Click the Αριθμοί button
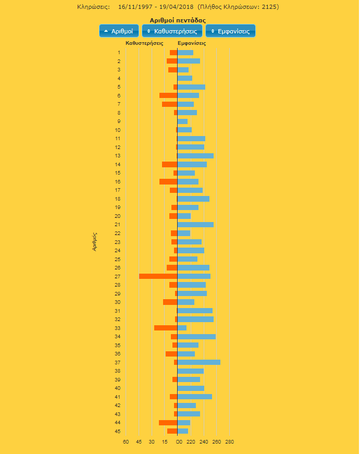point(119,31)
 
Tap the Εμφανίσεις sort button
point(230,31)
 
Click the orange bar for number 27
point(158,276)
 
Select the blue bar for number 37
point(198,362)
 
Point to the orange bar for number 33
point(166,328)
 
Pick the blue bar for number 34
point(196,337)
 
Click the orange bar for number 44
point(168,423)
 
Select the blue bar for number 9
point(182,121)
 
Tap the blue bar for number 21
point(195,225)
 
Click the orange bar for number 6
point(168,95)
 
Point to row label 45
point(118,431)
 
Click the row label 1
point(119,53)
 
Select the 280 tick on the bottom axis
point(229,442)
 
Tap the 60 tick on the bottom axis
point(126,442)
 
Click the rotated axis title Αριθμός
point(95,242)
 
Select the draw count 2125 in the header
point(269,7)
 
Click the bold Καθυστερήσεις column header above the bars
point(144,43)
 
